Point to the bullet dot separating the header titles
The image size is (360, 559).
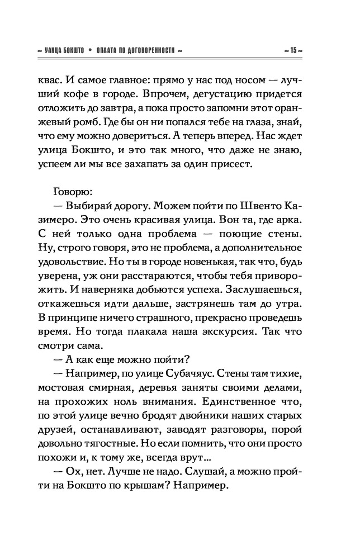[x=89, y=50]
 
